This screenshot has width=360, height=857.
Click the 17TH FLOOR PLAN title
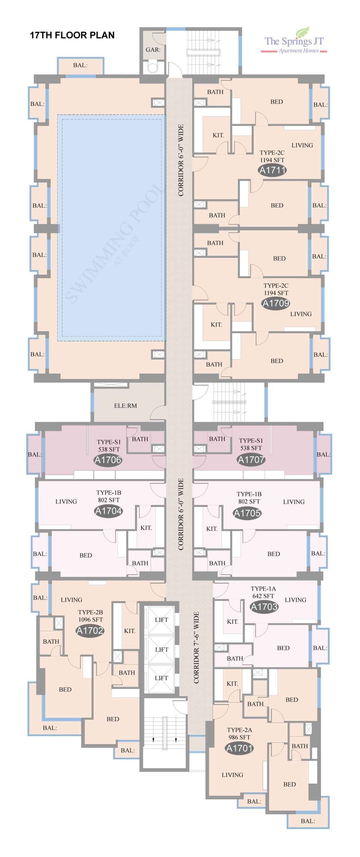tap(72, 35)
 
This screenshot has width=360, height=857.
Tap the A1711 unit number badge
tap(273, 170)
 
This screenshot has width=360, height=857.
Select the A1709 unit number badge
tap(276, 303)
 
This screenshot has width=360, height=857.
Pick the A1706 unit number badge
tap(107, 460)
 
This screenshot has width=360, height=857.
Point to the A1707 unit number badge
tap(251, 460)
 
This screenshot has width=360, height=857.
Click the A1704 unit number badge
tap(108, 511)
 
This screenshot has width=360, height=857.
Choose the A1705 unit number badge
tap(247, 513)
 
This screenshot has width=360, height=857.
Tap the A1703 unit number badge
tap(264, 607)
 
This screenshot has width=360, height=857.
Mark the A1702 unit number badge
tap(90, 631)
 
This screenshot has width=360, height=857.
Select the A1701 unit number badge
tap(239, 748)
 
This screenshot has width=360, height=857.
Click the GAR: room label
tap(153, 50)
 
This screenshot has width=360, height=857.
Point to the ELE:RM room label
tap(126, 406)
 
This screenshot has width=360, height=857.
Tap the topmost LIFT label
tap(161, 620)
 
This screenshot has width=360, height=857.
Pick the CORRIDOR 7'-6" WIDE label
tap(196, 647)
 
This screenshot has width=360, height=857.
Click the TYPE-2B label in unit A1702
tap(90, 612)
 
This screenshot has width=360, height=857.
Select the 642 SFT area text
tap(263, 596)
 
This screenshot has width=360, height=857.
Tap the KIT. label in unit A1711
tap(218, 135)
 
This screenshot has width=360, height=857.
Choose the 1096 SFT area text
tap(90, 620)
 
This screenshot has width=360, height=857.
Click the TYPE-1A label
tap(263, 589)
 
